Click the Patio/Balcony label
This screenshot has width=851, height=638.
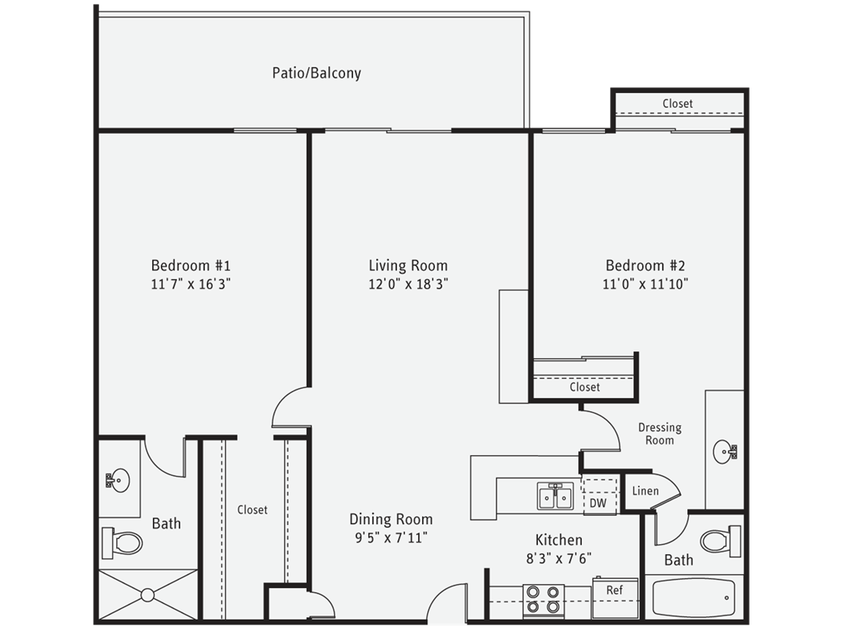click(317, 73)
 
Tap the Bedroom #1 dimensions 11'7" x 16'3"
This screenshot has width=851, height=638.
click(190, 283)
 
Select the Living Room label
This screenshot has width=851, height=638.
click(408, 266)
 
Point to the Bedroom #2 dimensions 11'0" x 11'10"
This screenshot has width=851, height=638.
click(645, 283)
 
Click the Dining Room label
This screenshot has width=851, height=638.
click(391, 519)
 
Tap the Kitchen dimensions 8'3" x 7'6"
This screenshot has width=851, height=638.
click(558, 558)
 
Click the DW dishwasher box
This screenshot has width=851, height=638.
click(598, 503)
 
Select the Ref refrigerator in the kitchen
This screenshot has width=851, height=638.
click(614, 591)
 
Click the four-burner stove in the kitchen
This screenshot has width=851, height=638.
click(544, 600)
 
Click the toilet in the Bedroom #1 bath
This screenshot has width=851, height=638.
click(122, 543)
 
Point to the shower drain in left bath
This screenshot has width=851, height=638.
click(148, 595)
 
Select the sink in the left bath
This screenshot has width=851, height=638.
click(118, 479)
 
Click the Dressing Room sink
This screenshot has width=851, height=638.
click(724, 453)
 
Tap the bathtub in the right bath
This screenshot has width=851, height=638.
click(693, 596)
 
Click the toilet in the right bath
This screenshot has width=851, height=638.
click(720, 541)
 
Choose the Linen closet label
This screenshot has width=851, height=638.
click(646, 491)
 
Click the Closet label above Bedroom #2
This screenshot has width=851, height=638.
click(677, 103)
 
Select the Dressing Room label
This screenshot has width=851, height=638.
click(659, 434)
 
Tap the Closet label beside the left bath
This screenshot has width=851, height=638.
click(252, 510)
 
